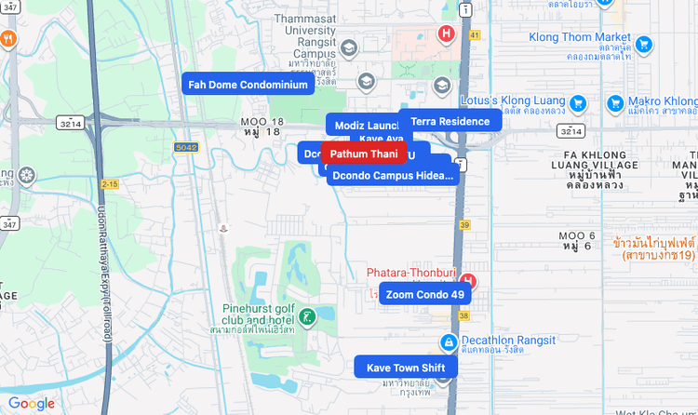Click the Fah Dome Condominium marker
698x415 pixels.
point(248,85)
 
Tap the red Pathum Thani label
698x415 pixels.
point(364,154)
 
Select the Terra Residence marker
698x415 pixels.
point(450,121)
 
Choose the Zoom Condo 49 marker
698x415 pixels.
point(424,294)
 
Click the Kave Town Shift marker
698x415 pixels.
point(406,368)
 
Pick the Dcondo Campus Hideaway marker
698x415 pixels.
point(392,175)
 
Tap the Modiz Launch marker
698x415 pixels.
point(365,126)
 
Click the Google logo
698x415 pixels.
point(31,403)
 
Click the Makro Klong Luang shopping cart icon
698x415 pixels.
point(615,102)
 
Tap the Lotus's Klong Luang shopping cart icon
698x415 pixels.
point(577,102)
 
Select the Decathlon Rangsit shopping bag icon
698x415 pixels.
point(449,343)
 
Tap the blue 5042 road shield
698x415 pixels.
point(186,147)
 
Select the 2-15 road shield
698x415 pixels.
point(110,184)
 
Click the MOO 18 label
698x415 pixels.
point(262,127)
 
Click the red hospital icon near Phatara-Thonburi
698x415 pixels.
point(468,280)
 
